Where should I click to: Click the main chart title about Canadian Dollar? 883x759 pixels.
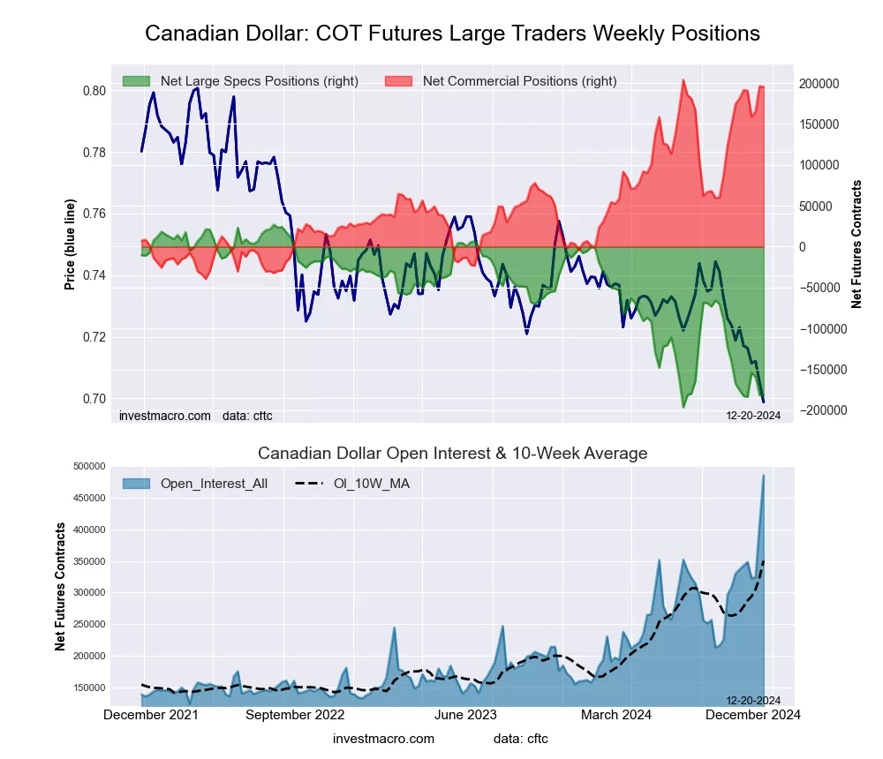(x=452, y=34)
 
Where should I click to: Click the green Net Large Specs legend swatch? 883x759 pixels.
(x=137, y=81)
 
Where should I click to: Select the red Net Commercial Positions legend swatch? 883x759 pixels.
(x=399, y=81)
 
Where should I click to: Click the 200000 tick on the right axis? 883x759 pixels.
(x=819, y=84)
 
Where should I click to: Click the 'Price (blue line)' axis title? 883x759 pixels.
(x=70, y=244)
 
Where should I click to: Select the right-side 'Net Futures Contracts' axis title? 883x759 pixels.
(x=857, y=244)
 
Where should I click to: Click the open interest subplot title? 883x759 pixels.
(x=452, y=454)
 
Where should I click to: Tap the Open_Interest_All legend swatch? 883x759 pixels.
(x=137, y=484)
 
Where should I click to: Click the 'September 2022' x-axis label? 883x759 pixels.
(x=295, y=715)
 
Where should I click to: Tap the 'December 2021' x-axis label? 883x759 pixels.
(x=151, y=715)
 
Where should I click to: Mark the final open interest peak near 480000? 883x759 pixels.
(x=763, y=476)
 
